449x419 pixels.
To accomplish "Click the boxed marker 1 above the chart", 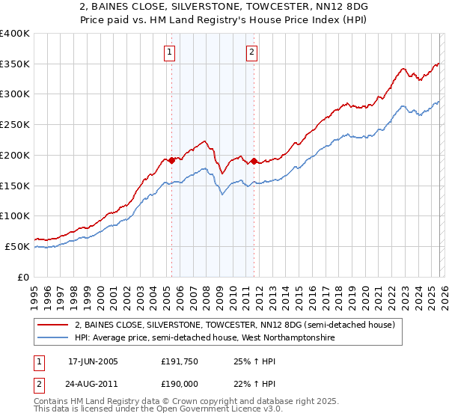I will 171,52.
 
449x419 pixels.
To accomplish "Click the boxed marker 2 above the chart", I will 252,52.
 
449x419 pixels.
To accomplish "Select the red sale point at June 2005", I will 171,160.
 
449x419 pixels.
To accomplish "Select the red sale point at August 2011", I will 254,161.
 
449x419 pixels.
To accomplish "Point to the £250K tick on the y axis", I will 15,124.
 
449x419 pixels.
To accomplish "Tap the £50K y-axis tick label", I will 17,246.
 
